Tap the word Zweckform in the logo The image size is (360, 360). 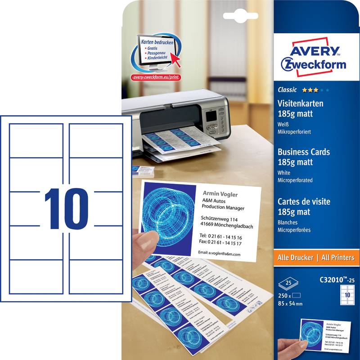point(313,63)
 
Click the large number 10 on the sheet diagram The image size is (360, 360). point(66,207)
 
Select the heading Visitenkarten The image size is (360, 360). point(301,103)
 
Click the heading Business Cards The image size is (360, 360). point(304,152)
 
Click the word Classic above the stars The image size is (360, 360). point(286,90)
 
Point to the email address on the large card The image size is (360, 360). point(220,254)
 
